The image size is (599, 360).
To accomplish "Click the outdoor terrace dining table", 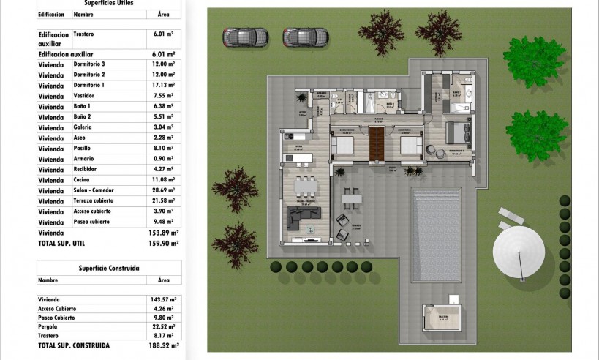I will (352, 197).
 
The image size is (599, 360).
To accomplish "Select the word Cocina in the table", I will (83, 180).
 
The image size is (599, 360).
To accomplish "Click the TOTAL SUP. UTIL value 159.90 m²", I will (165, 244).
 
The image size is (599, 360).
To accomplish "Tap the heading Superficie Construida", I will (109, 268).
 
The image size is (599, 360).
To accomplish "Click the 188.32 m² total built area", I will (164, 345).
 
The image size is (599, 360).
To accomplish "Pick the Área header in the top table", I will (164, 14).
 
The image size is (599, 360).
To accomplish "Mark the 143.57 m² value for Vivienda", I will (165, 299).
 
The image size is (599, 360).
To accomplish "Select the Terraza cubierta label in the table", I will (96, 200).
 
